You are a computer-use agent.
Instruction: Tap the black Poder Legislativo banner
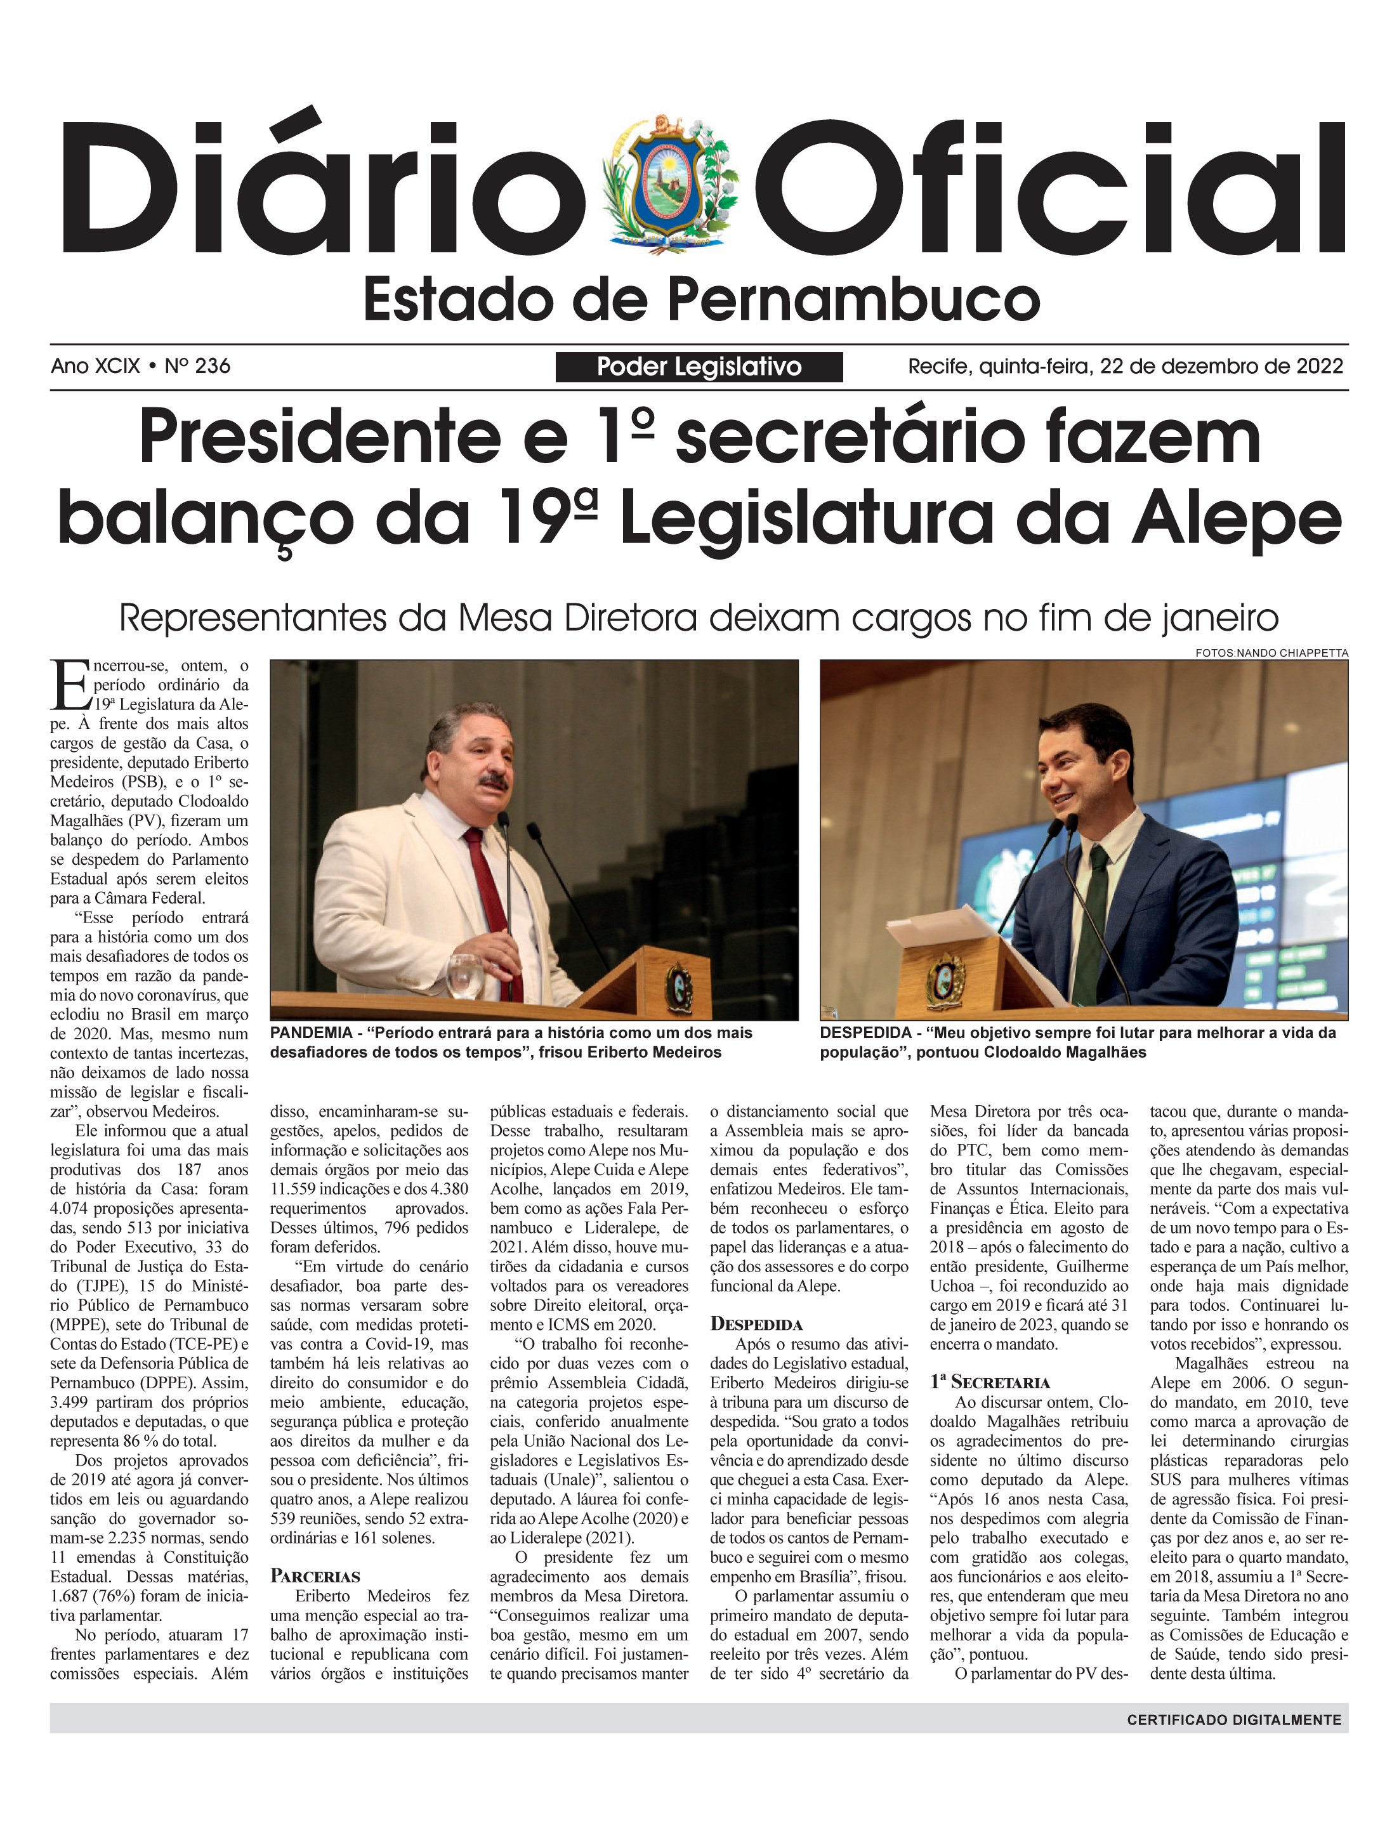click(699, 367)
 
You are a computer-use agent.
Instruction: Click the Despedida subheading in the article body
click(756, 1324)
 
